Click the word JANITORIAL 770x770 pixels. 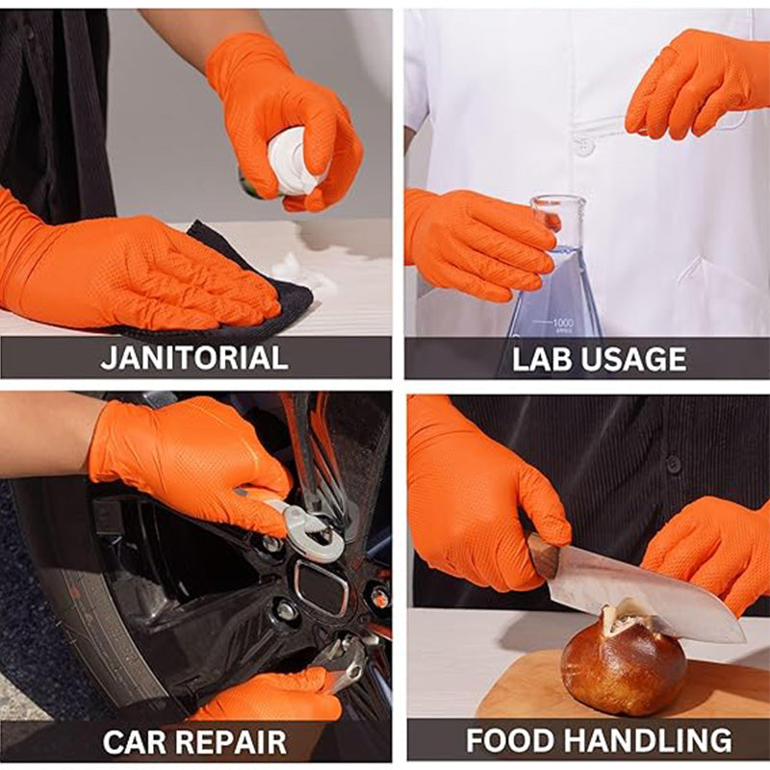coord(194,358)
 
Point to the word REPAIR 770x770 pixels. coord(240,742)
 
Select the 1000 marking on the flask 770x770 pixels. coord(562,322)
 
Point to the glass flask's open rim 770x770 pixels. coord(558,200)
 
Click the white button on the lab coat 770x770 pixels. coord(583,147)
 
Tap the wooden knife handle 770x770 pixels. coord(544,556)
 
